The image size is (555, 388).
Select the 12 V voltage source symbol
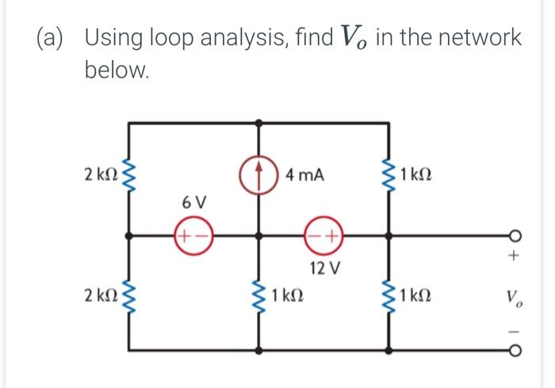(323, 236)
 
